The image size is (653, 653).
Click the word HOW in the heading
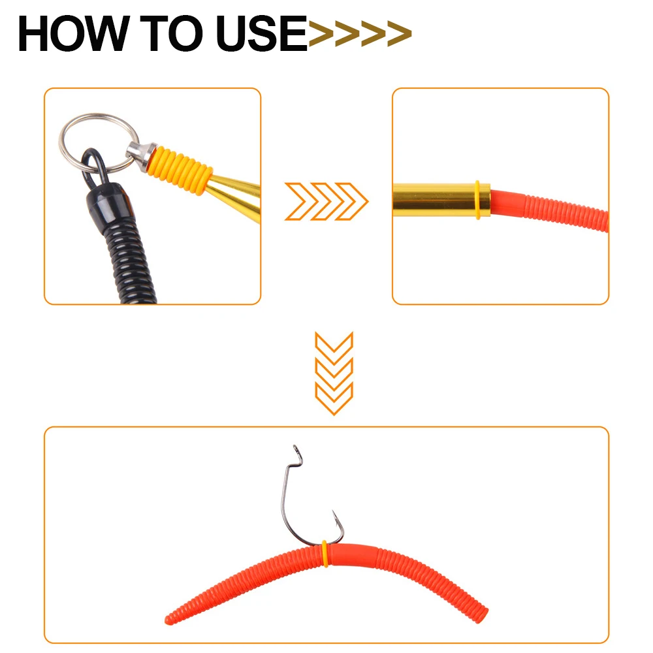point(73,34)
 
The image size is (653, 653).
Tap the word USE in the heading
point(262,34)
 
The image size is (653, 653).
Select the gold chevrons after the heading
point(360,33)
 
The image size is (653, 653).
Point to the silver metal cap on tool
point(141,155)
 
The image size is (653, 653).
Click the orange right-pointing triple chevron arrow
point(326,202)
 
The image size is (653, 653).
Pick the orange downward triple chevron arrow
point(334,374)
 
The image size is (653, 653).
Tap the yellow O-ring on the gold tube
point(477,200)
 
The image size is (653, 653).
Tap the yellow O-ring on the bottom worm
point(325,554)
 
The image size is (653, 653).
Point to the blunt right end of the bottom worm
point(483,616)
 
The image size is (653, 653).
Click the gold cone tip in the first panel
point(235,196)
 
